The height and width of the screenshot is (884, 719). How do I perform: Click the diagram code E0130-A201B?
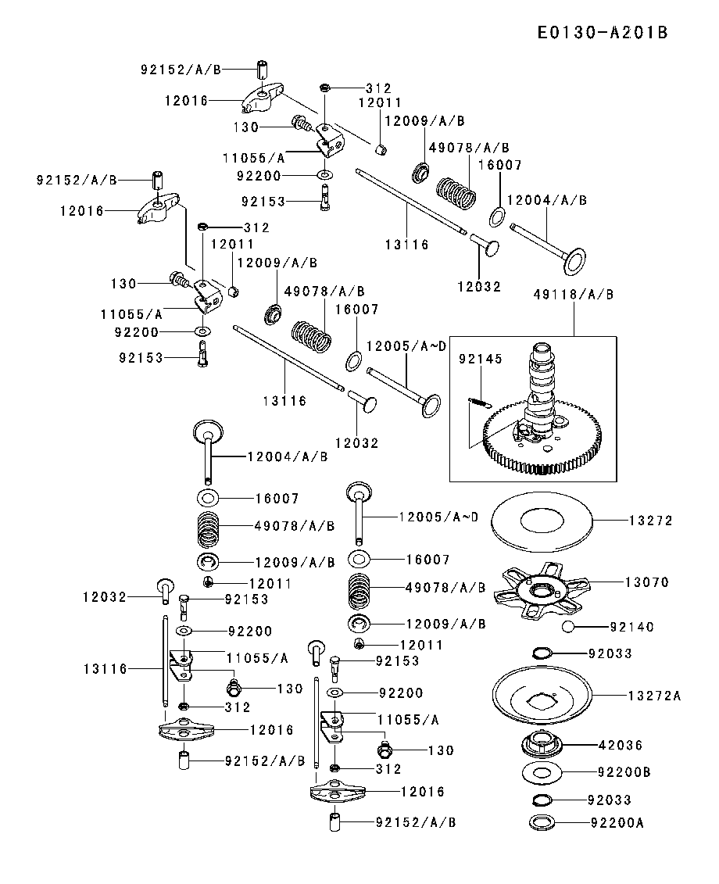[x=603, y=33]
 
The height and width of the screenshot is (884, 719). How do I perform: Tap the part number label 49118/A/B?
[x=573, y=295]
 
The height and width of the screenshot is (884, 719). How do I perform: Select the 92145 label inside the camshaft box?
[x=481, y=359]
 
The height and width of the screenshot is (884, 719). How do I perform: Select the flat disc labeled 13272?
[x=541, y=521]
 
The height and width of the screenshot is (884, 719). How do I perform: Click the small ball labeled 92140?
[x=568, y=627]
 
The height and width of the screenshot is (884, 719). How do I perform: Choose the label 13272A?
[x=654, y=695]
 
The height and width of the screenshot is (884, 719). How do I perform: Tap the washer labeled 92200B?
[x=543, y=773]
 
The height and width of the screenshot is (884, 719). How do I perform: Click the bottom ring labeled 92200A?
[x=542, y=822]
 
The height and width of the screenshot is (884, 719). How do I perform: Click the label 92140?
[x=631, y=627]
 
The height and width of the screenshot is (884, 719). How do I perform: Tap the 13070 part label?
[x=646, y=582]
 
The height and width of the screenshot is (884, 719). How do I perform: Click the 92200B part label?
[x=624, y=772]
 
